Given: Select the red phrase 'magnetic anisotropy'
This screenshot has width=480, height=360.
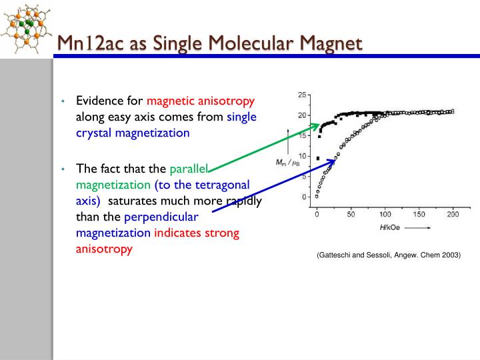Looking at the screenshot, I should [201, 101].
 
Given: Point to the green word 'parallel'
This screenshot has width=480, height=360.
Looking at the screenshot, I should [190, 168].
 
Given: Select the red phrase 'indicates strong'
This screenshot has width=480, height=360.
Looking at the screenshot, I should [197, 233].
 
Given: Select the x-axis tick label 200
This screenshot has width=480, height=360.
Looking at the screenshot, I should [453, 215].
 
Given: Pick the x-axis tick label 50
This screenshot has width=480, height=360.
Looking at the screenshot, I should [351, 215].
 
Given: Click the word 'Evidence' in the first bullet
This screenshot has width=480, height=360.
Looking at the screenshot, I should [99, 101].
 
